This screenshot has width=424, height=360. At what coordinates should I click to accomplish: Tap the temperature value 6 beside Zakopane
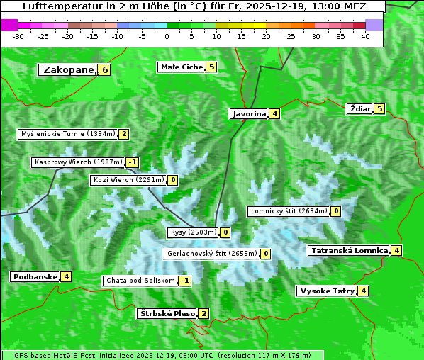105,69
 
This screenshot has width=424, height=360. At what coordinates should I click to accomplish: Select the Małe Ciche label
182,67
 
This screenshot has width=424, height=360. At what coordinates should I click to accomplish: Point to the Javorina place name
249,113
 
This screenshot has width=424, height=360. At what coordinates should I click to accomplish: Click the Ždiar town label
359,108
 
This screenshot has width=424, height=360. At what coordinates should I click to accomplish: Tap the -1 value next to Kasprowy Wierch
133,162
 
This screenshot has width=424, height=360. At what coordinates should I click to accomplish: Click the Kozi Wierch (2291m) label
128,180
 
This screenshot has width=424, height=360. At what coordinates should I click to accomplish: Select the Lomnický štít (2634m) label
289,211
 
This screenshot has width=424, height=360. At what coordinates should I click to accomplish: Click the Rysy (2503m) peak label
193,232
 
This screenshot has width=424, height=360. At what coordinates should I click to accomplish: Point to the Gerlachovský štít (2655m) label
211,254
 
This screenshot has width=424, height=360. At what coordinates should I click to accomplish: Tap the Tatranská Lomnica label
349,250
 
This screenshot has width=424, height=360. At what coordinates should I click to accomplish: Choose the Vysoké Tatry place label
327,291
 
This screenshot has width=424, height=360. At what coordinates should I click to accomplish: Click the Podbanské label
34,276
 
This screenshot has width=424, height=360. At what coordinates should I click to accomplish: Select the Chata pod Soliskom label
139,281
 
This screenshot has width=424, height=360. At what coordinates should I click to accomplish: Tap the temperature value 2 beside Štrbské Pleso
203,314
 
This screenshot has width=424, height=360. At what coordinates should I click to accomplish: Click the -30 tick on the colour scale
18,36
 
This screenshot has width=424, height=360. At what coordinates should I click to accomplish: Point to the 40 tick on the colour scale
365,36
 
